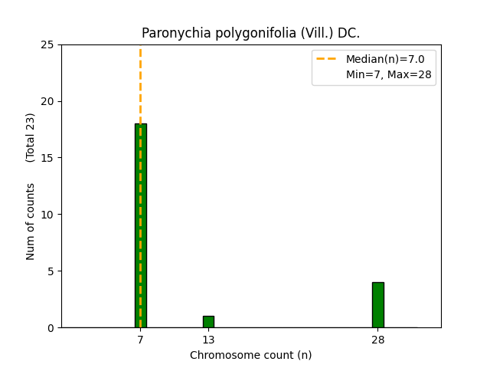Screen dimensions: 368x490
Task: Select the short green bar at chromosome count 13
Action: (208, 322)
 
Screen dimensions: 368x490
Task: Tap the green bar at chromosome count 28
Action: (378, 305)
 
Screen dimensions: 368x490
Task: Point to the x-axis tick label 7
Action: (140, 340)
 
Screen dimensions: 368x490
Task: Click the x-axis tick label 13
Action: (208, 340)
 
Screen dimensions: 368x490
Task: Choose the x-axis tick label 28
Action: (378, 340)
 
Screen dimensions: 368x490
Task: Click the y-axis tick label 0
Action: (51, 328)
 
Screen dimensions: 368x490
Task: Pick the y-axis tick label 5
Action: (51, 271)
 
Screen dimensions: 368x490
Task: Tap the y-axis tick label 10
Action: (47, 215)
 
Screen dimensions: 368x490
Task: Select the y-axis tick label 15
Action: (47, 158)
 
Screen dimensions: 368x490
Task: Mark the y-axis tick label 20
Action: (47, 101)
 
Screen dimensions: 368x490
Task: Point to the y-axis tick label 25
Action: (47, 44)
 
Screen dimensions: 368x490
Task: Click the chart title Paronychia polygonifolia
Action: (250, 34)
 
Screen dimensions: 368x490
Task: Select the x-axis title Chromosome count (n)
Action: (250, 355)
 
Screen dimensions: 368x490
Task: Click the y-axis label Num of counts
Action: (31, 221)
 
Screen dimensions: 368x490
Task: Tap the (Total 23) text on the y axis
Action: (31, 137)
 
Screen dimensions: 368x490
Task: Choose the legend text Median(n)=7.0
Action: (385, 59)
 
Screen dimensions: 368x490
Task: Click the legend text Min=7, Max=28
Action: (390, 74)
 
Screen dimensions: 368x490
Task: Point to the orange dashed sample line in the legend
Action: (328, 59)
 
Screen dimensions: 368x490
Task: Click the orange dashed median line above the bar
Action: (140, 84)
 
